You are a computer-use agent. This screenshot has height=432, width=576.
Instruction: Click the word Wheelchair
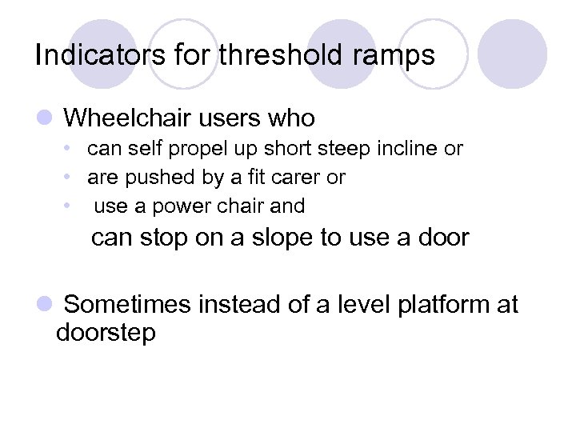[x=126, y=118]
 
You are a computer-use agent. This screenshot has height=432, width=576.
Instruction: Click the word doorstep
[x=106, y=332]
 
